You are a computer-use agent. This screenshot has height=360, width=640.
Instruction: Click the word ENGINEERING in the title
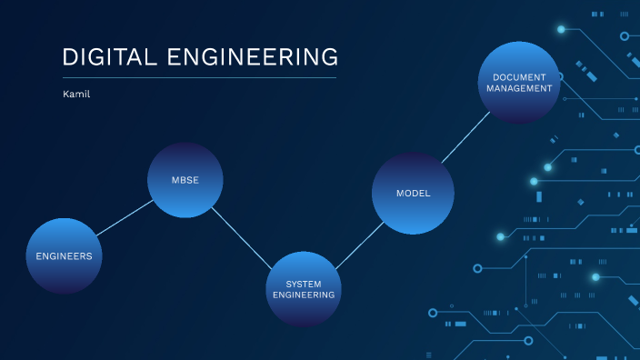coord(253,57)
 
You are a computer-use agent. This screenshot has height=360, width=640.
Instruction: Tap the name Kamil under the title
coord(76,94)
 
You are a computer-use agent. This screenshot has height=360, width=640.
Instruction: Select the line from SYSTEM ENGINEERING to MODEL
coord(358,246)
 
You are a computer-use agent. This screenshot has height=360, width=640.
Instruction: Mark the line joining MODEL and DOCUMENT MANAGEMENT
coord(465,140)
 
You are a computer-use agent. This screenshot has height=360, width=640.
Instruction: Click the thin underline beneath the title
coord(199,78)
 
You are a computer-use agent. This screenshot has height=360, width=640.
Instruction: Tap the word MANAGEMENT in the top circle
coord(519,89)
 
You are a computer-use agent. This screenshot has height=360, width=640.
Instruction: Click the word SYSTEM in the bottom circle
coord(304,284)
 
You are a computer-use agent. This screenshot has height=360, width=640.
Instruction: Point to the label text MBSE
coord(185,180)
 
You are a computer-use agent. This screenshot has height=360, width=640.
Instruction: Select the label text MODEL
coord(413,194)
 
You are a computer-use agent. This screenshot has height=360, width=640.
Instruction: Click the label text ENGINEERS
coord(64,256)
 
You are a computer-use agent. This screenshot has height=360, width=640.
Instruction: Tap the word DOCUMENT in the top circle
coord(519,76)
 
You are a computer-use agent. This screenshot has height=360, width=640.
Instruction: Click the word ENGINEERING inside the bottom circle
coord(304,295)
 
